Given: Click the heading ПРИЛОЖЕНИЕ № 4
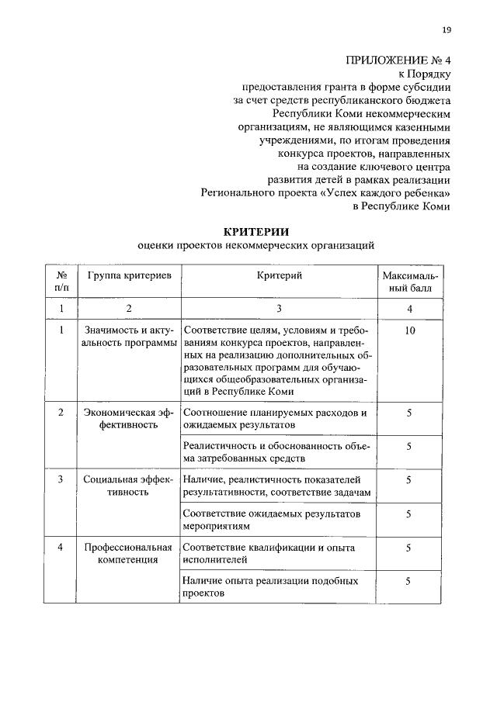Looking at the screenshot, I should pyautogui.click(x=398, y=59).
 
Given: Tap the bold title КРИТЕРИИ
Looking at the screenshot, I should pyautogui.click(x=255, y=230).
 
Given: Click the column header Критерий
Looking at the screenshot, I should pyautogui.click(x=278, y=276).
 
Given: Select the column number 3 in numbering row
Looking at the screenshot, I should pyautogui.click(x=278, y=309).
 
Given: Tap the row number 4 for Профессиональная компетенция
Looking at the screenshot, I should pyautogui.click(x=61, y=548).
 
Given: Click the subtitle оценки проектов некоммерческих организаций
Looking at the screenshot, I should pyautogui.click(x=255, y=245).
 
